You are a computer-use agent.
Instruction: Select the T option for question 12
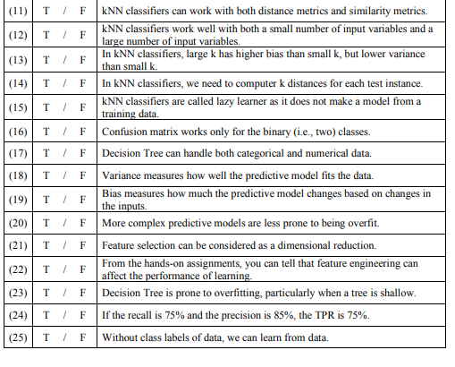(x=46, y=35)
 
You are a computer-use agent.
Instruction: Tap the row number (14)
(x=20, y=84)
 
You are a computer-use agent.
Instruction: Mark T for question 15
(x=46, y=108)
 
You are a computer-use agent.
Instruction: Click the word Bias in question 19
(x=112, y=194)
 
